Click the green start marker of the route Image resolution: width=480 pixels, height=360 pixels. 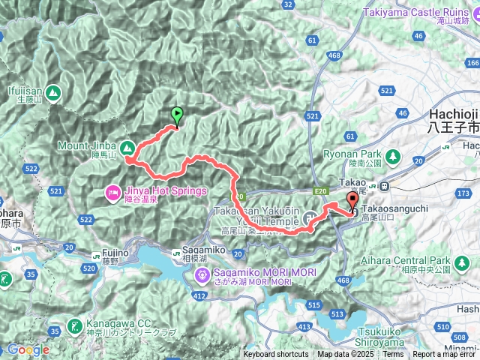[177, 115]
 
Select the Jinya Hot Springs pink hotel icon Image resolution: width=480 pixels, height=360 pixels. [112, 191]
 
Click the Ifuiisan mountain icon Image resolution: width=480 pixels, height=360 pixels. [52, 93]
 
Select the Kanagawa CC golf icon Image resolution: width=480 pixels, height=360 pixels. [75, 325]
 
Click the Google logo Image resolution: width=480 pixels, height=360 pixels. [28, 349]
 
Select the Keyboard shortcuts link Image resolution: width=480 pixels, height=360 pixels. [275, 355]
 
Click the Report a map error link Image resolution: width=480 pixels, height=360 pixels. [445, 355]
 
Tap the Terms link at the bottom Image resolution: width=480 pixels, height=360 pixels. [393, 355]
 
